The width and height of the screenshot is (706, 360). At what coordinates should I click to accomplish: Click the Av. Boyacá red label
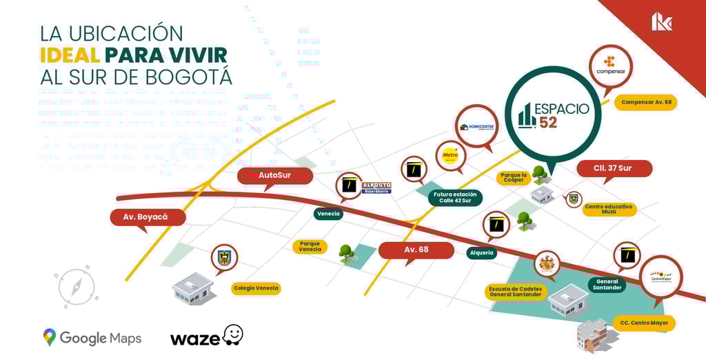147,217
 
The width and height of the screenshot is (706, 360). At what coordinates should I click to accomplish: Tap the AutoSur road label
274,175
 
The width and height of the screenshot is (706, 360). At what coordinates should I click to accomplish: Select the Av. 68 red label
416,250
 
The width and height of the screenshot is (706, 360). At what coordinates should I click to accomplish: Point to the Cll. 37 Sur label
613,168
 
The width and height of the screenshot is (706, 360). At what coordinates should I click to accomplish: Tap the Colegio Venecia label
256,288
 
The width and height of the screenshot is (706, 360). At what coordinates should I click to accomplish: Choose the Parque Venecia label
310,246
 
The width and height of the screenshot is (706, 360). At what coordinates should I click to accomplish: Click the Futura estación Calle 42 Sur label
455,198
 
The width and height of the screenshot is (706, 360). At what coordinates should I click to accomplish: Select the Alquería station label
481,252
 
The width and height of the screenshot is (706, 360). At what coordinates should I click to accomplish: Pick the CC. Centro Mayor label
643,323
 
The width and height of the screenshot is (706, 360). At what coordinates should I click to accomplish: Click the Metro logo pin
450,155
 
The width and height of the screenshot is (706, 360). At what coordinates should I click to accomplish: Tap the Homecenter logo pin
476,126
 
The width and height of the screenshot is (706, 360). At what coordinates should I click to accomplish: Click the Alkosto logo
376,188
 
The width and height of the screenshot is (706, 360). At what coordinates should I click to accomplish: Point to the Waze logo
206,337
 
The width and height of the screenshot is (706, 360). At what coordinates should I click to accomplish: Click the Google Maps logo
92,338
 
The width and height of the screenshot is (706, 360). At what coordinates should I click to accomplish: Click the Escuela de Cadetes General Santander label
515,292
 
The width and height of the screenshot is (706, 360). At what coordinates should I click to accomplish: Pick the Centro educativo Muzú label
609,209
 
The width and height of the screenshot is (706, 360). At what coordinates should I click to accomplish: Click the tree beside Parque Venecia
346,254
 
